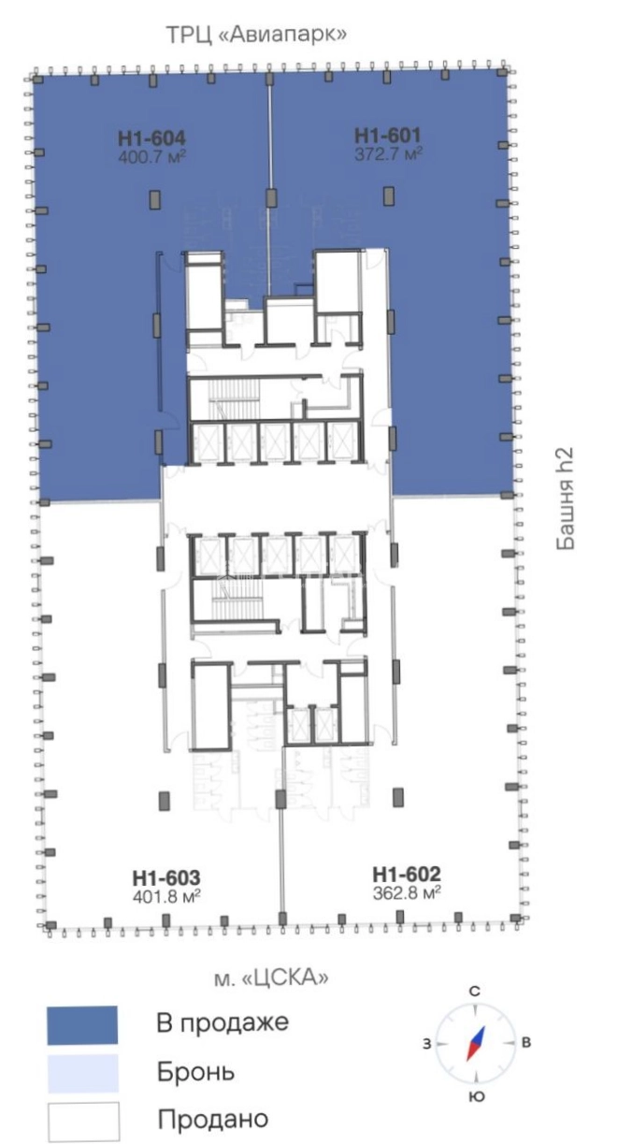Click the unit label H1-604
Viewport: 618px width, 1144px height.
point(151,138)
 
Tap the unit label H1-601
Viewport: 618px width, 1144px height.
point(388,136)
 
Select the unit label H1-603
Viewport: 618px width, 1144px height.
point(166,878)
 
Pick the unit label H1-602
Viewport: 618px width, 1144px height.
point(407,875)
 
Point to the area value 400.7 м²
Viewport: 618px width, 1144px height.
point(151,156)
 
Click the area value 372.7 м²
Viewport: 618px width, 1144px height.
point(388,153)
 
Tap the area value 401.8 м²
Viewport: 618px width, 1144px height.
point(166,896)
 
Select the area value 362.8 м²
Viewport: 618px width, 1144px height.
point(407,892)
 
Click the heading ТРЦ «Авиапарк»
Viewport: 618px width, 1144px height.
point(257,35)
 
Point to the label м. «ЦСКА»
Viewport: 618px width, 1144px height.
point(271,977)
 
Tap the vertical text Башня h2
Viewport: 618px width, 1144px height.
point(565,499)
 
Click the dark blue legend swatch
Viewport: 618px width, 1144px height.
point(82,1025)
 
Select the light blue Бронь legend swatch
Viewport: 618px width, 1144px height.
point(83,1074)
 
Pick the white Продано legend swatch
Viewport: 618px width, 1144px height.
point(84,1122)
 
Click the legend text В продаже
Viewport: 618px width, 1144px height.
point(223,1022)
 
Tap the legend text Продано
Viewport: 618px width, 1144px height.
point(213,1119)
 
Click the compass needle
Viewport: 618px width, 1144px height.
point(475,1043)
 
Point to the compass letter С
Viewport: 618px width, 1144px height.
point(475,992)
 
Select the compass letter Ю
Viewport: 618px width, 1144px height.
point(477,1096)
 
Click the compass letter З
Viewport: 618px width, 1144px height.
point(427,1044)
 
